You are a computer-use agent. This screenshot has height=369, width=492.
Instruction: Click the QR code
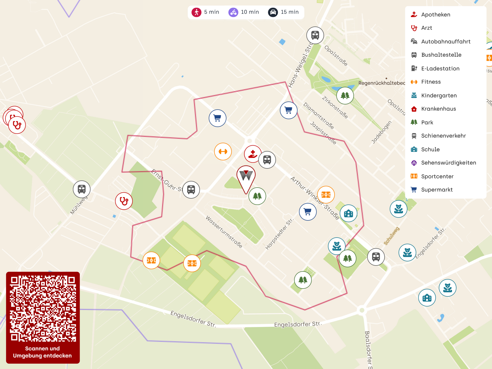pyautogui.click(x=43, y=309)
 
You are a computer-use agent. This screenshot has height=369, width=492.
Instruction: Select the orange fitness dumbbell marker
pyautogui.click(x=223, y=151)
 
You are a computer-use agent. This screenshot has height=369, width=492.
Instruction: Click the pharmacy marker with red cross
pyautogui.click(x=253, y=154)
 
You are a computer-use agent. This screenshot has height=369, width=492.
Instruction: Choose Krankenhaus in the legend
pyautogui.click(x=438, y=109)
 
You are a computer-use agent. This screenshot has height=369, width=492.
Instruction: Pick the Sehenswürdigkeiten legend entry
pyautogui.click(x=448, y=163)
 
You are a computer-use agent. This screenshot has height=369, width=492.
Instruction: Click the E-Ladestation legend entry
pyautogui.click(x=440, y=68)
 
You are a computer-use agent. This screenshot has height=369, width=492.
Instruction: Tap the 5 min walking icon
pyautogui.click(x=196, y=12)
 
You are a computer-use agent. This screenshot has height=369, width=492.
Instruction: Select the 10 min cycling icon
pyautogui.click(x=233, y=12)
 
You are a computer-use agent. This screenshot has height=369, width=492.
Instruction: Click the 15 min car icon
pyautogui.click(x=273, y=12)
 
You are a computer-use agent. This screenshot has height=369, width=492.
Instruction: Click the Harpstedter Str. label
pyautogui.click(x=279, y=234)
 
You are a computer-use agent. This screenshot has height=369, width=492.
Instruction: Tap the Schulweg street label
pyautogui.click(x=391, y=236)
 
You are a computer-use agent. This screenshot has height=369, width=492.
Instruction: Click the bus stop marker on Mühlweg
pyautogui.click(x=82, y=189)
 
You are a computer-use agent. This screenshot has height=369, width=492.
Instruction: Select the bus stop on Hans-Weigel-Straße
pyautogui.click(x=315, y=35)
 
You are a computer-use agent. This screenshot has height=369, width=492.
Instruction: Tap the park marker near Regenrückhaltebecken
pyautogui.click(x=345, y=96)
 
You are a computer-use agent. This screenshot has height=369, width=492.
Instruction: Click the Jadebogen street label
pyautogui.click(x=381, y=132)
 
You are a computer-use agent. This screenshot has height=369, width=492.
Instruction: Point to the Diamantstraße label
pyautogui.click(x=318, y=116)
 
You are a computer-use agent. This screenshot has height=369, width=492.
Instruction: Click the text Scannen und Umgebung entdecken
pyautogui.click(x=43, y=352)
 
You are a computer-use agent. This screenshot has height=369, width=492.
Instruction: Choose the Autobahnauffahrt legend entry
pyautogui.click(x=446, y=42)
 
